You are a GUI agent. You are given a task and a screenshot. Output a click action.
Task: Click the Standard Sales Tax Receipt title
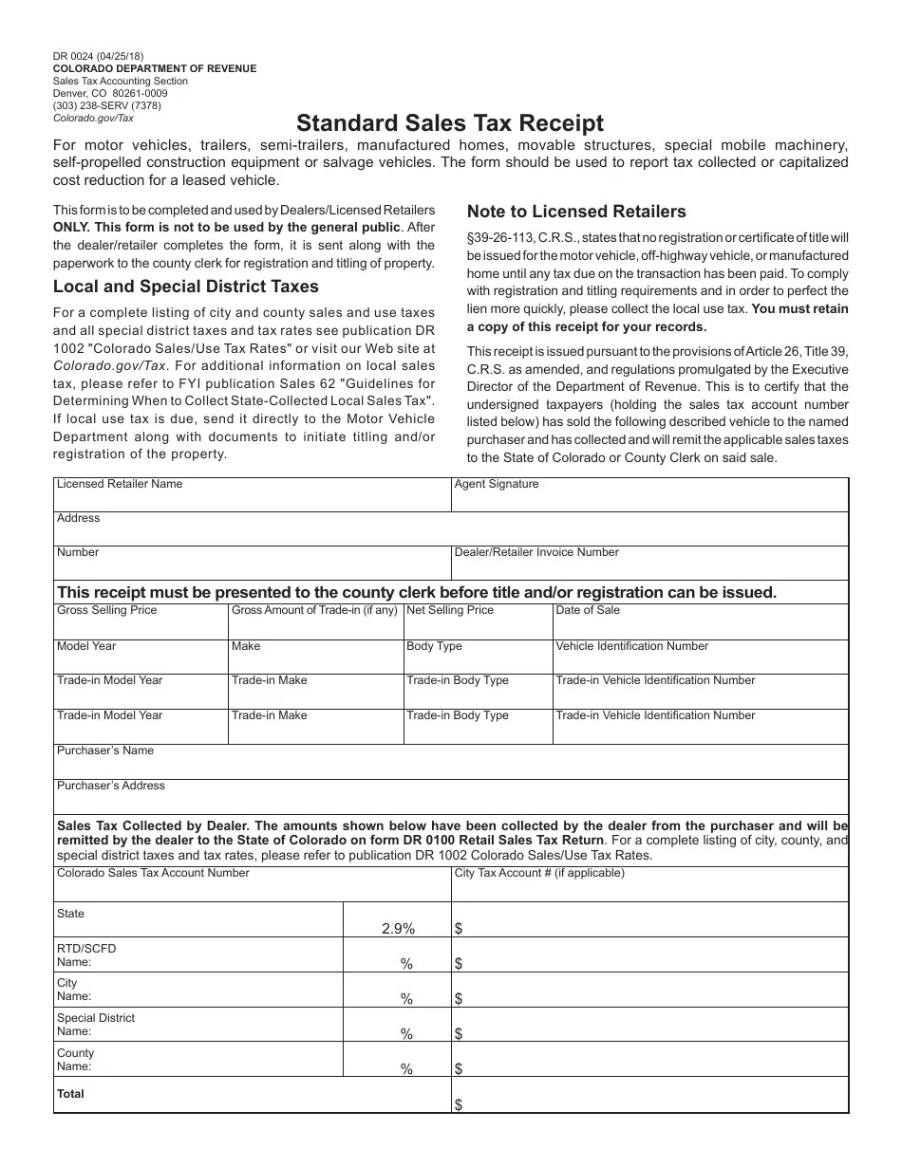tap(449, 123)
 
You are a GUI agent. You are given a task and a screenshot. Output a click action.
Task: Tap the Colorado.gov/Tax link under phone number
tap(93, 119)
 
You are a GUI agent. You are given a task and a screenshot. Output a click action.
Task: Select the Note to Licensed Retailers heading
tap(575, 212)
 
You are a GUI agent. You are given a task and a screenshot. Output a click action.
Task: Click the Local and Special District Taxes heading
tap(186, 287)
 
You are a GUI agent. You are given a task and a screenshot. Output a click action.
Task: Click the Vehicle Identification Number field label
tap(631, 646)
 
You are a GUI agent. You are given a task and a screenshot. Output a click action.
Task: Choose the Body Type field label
tap(434, 646)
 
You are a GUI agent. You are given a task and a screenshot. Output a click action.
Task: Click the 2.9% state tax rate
tap(398, 929)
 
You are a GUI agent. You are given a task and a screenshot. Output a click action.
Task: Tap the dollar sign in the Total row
tap(459, 1104)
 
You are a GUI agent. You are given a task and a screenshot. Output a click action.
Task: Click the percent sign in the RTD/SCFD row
tap(406, 964)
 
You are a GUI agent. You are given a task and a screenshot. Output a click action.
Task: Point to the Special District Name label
tap(95, 1025)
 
